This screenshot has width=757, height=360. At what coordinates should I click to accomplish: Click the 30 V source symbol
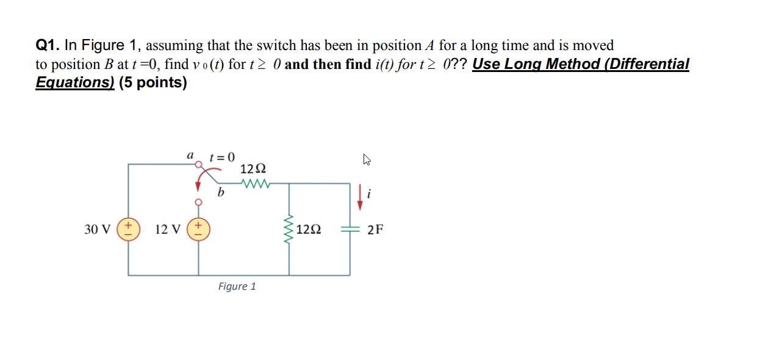pyautogui.click(x=129, y=229)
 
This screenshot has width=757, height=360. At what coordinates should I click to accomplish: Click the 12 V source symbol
pyautogui.click(x=198, y=229)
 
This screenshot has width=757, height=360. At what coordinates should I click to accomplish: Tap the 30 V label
pyautogui.click(x=98, y=229)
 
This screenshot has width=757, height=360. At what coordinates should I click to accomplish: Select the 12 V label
pyautogui.click(x=168, y=229)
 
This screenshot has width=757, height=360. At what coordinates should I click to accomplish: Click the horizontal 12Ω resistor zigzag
pyautogui.click(x=256, y=182)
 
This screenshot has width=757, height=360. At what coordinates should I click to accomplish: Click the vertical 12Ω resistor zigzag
pyautogui.click(x=289, y=229)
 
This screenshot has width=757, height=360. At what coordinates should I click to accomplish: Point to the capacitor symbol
pyautogui.click(x=350, y=229)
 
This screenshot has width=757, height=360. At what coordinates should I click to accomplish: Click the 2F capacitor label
pyautogui.click(x=375, y=229)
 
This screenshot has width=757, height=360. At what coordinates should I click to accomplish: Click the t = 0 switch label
pyautogui.click(x=222, y=157)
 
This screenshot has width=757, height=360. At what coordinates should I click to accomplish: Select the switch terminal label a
pyautogui.click(x=190, y=156)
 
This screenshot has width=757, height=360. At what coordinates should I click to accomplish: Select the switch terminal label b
pyautogui.click(x=221, y=193)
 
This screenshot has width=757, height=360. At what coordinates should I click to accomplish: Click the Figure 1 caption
pyautogui.click(x=237, y=286)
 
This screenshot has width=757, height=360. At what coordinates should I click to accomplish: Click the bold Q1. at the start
pyautogui.click(x=48, y=46)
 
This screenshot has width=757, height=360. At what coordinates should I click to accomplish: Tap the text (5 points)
pyautogui.click(x=152, y=83)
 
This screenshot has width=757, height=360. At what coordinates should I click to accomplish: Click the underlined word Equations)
pyautogui.click(x=75, y=83)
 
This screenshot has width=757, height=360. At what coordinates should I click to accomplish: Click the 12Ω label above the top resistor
pyautogui.click(x=253, y=168)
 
